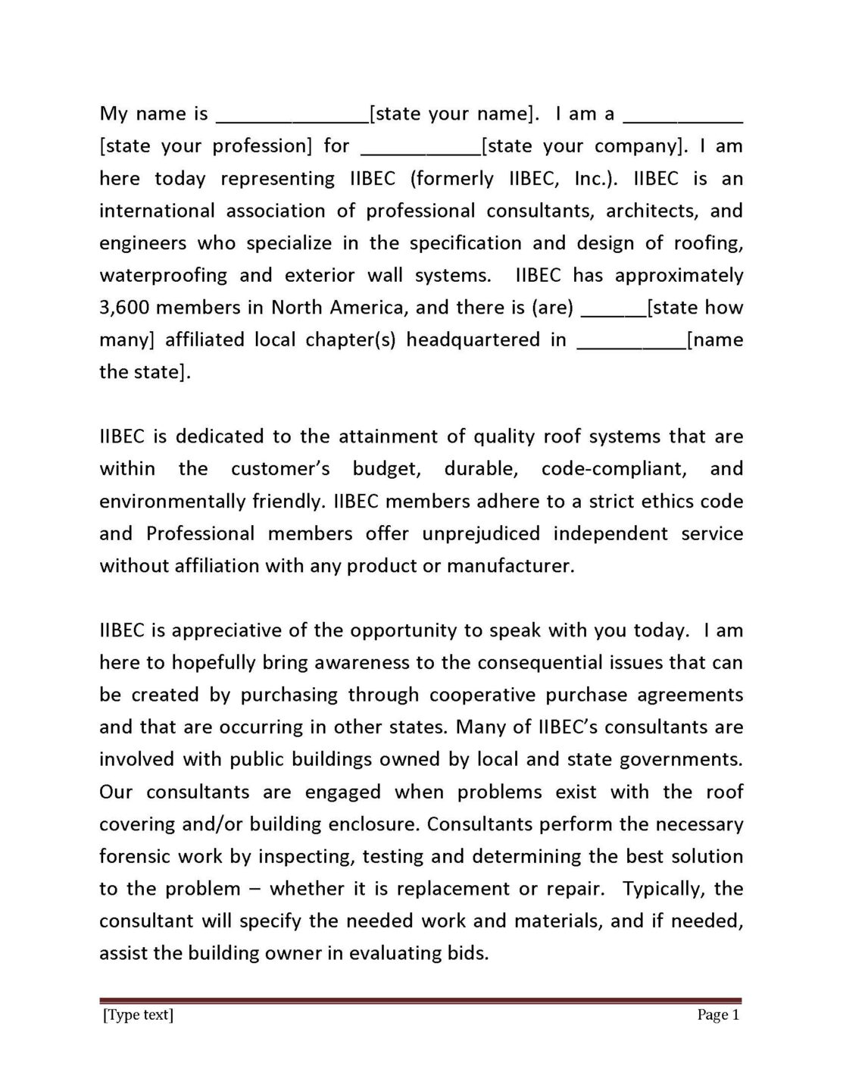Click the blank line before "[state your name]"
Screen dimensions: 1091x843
pos(292,119)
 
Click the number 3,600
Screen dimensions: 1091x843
pos(126,308)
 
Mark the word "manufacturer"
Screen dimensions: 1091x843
pos(510,566)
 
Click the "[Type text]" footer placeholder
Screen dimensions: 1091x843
pos(138,1015)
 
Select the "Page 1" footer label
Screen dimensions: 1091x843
pos(717,1015)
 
